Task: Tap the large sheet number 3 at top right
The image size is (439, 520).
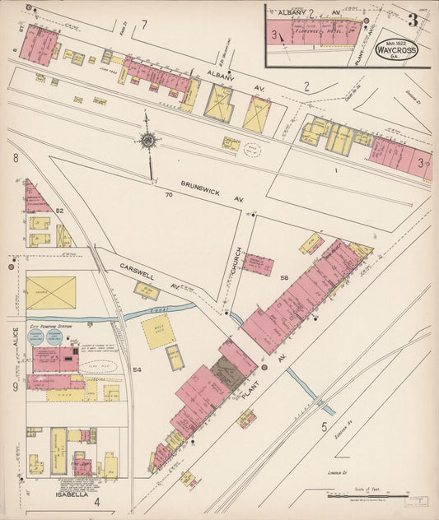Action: [412, 19]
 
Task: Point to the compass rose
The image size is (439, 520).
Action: [148, 142]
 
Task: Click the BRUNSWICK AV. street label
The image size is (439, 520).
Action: [203, 192]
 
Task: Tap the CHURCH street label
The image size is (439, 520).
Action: [236, 261]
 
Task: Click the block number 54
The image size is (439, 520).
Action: [138, 370]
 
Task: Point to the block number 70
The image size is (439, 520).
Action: [168, 195]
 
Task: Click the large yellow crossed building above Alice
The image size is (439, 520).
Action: [50, 293]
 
